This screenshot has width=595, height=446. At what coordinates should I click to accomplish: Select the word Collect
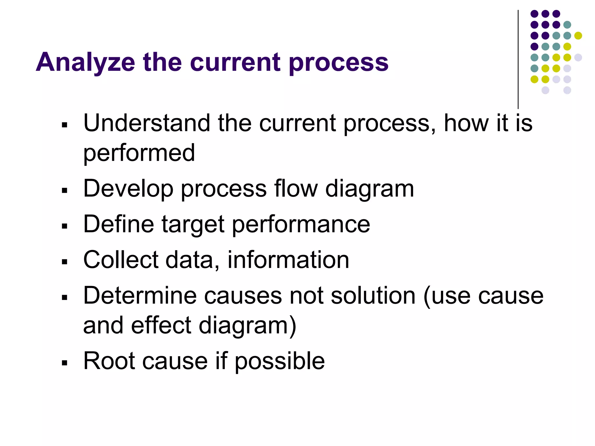pos(121,260)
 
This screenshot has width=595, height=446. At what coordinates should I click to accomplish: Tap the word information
pos(288,260)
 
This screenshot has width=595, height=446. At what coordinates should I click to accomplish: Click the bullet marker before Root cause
pos(64,363)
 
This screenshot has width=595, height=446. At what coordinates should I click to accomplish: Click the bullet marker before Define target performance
pos(64,226)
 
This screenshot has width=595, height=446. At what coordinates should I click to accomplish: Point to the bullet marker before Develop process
pos(64,190)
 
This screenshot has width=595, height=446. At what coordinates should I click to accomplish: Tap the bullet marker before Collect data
pos(64,262)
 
